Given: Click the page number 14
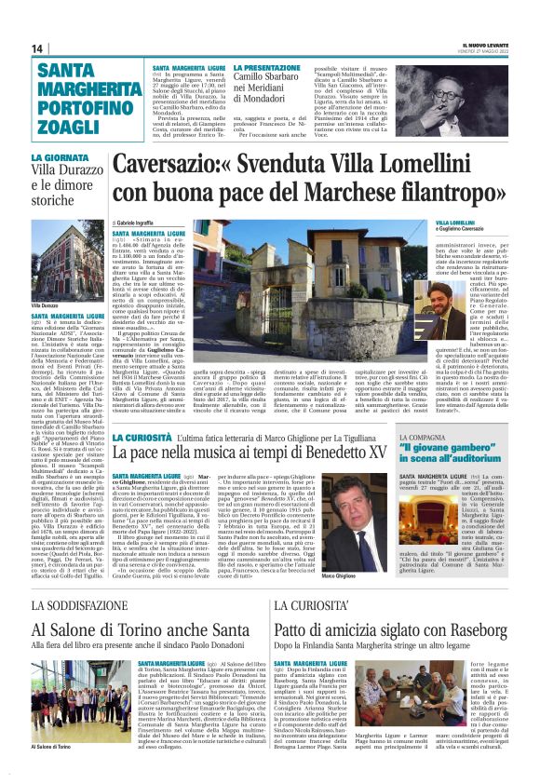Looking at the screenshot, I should [36, 48].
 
